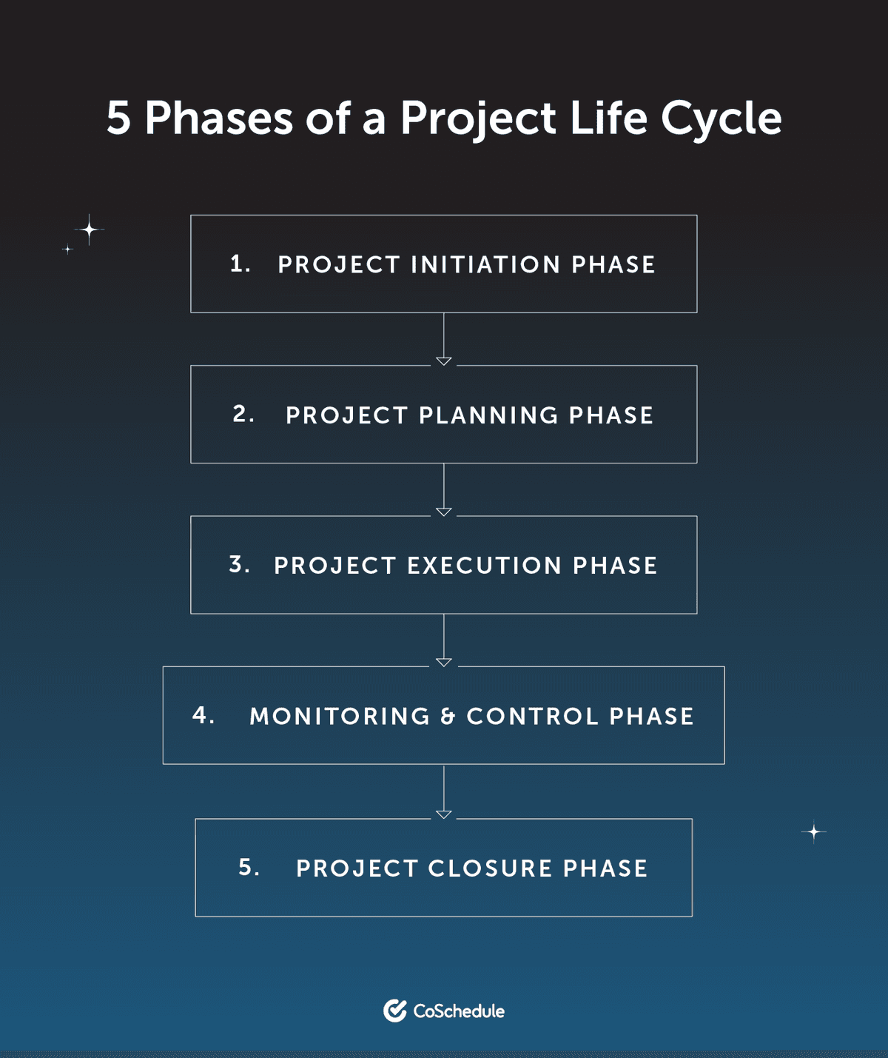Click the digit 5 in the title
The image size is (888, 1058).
pos(118,118)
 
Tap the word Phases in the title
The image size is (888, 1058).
pos(219,118)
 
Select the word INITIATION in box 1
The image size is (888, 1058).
pos(485,265)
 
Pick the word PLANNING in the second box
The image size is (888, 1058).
pos(488,415)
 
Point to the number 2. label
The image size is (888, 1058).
pos(243,414)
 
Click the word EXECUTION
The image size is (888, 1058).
pos(485,566)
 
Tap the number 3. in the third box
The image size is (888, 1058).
pos(239,564)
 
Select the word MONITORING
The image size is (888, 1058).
pos(340,717)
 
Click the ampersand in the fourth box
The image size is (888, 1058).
pos(448,717)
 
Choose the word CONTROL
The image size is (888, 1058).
pos(532,717)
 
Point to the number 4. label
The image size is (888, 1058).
pos(203,715)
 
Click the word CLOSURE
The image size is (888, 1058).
pos(490,868)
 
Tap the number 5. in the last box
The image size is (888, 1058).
pos(249,867)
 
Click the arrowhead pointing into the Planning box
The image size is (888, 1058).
pos(444,361)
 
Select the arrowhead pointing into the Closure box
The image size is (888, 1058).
pos(444,814)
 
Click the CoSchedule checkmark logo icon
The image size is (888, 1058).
pos(395,1011)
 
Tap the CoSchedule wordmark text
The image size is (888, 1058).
pos(459,1011)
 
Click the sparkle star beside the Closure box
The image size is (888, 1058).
pos(814,832)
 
